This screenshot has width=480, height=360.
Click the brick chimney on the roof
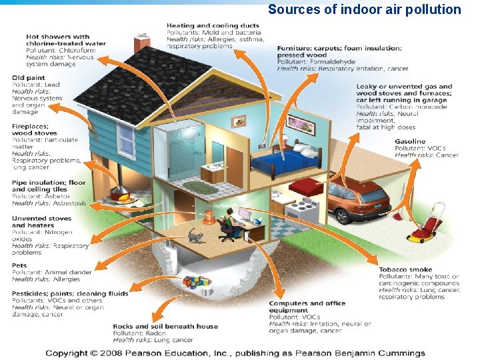[142, 43]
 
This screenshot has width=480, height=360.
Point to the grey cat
[195, 236]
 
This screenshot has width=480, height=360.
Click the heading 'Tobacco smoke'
[405, 269]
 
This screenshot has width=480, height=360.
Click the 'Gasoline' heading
[409, 141]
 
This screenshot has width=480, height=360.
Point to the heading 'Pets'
[20, 265]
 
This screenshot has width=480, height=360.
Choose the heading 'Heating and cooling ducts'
[213, 26]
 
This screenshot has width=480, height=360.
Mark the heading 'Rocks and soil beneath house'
[165, 326]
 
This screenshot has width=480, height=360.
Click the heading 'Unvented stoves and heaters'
[42, 221]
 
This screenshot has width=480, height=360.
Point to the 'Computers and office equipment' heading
[307, 307]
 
